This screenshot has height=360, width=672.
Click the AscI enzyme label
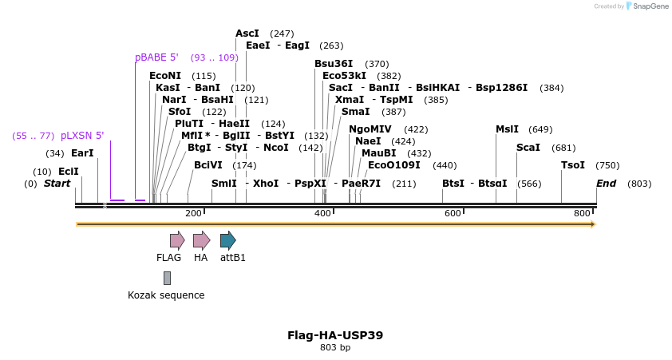click(x=247, y=34)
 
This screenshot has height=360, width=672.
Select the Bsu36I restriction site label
click(x=334, y=64)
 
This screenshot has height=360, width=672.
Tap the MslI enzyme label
click(x=507, y=129)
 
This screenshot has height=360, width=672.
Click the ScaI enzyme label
click(x=528, y=148)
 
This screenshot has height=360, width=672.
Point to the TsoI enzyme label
click(x=573, y=165)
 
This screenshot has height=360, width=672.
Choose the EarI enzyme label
click(x=82, y=153)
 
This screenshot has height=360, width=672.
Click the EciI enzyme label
click(x=69, y=172)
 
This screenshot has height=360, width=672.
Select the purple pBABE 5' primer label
click(x=156, y=57)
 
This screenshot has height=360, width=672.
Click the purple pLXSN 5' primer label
click(x=82, y=136)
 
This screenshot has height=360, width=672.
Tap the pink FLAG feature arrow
click(x=176, y=240)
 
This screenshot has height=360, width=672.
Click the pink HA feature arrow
click(x=201, y=240)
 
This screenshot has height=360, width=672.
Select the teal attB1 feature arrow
click(x=227, y=240)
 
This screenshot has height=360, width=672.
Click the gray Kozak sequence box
click(x=167, y=278)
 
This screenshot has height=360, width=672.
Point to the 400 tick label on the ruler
click(x=322, y=213)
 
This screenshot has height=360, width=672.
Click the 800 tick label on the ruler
click(x=582, y=213)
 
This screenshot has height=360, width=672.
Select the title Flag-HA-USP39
click(x=335, y=335)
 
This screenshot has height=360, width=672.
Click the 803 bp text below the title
click(x=335, y=348)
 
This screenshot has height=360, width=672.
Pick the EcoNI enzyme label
click(x=165, y=76)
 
